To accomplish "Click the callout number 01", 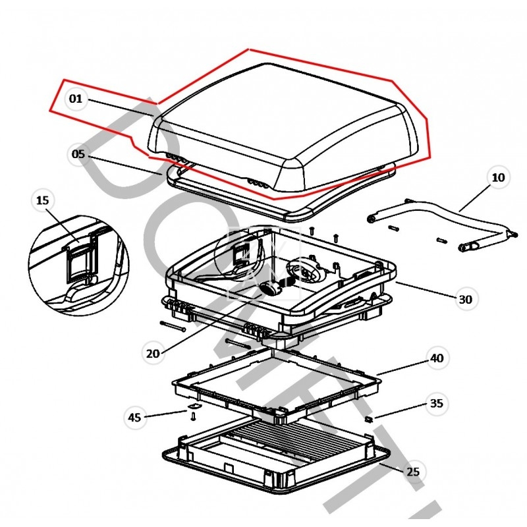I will click(76, 99).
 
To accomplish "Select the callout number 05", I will click(78, 155).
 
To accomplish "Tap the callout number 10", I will click(498, 178).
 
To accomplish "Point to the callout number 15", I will click(43, 200).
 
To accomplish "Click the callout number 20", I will click(153, 353).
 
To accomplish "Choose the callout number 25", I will click(413, 472).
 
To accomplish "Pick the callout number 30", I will click(465, 299).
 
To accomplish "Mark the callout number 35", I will click(436, 402).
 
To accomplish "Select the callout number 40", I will click(436, 358).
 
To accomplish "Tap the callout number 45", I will click(134, 417).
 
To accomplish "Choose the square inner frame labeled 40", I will click(277, 382).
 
